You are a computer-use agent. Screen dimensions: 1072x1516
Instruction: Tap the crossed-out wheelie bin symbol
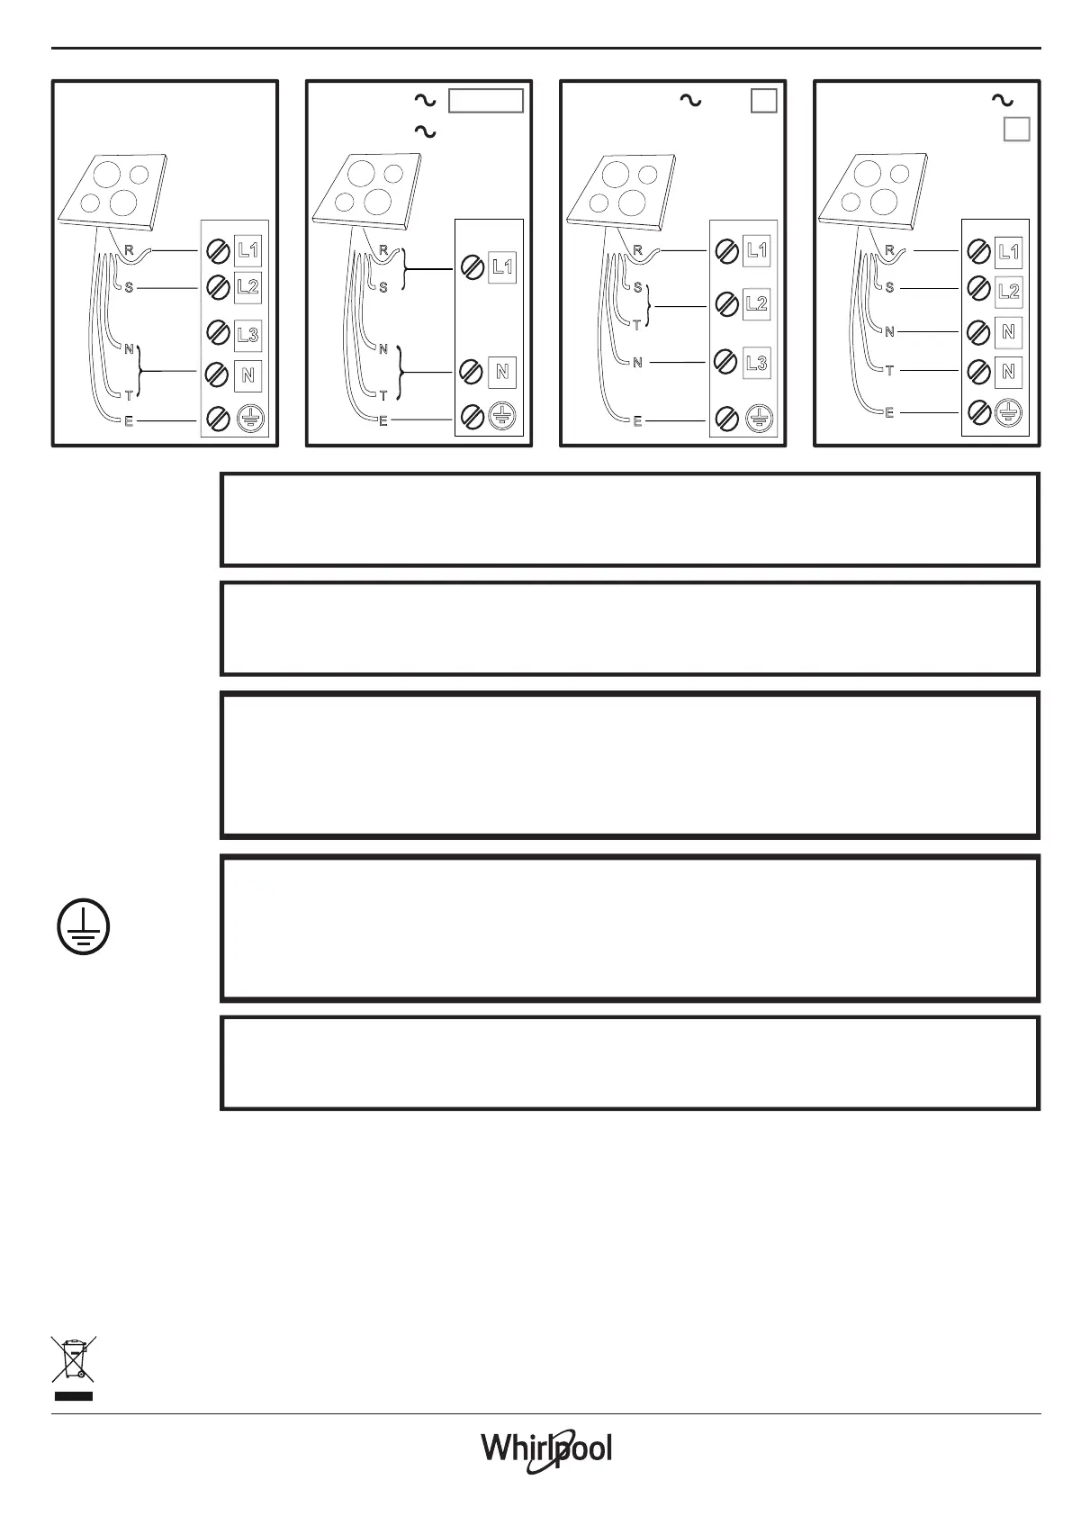(74, 1358)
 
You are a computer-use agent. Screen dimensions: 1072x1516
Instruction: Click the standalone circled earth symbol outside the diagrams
(84, 927)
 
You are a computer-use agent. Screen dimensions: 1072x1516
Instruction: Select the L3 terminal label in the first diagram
(248, 335)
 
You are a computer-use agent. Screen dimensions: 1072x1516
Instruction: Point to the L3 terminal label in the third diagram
(757, 363)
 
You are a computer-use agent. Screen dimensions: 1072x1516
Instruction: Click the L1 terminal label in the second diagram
(502, 266)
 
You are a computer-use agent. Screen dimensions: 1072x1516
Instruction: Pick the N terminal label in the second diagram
(502, 371)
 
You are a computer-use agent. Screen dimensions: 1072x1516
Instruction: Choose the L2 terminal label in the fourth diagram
(1009, 291)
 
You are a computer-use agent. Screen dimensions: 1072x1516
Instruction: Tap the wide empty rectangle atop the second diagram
(486, 101)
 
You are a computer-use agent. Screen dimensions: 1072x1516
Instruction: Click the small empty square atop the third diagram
(763, 101)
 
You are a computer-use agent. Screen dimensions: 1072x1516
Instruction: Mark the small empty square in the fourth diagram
(1017, 129)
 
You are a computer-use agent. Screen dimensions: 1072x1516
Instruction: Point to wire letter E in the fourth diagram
(889, 413)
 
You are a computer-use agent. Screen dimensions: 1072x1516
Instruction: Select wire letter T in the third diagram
(637, 326)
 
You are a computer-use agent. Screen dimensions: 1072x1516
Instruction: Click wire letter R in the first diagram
(129, 251)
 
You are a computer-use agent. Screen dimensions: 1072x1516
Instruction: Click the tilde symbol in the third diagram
(690, 101)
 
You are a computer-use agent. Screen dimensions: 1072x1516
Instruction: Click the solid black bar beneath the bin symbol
(74, 1396)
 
